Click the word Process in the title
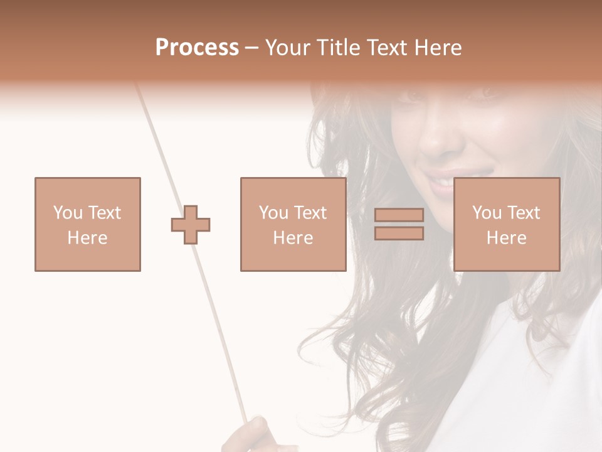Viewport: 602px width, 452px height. [197, 48]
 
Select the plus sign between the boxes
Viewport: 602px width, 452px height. [191, 225]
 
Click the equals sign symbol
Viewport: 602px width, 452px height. [399, 224]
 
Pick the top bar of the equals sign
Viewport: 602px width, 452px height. [399, 215]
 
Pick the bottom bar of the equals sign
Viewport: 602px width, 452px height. [399, 233]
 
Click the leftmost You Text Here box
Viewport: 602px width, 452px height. [88, 224]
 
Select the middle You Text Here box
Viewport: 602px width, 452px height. [293, 224]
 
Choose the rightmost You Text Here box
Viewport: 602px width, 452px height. [507, 224]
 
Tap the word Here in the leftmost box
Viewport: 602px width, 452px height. [88, 238]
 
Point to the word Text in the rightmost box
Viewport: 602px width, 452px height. [523, 213]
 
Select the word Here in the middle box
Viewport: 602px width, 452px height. [293, 238]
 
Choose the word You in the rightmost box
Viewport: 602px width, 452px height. [487, 213]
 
